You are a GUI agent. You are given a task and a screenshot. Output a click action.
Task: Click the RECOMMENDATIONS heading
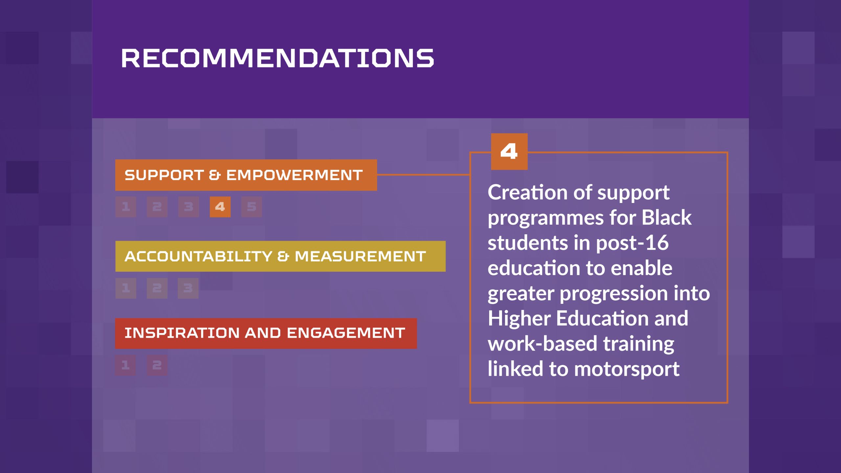pos(278,58)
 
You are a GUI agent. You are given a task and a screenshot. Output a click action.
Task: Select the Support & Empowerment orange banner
pos(246,175)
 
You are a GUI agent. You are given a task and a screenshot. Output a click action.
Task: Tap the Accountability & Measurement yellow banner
pos(280,256)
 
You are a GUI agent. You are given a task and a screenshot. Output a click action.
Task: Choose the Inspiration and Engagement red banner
pos(266,333)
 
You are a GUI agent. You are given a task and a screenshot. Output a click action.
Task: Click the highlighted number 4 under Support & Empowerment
pos(220,207)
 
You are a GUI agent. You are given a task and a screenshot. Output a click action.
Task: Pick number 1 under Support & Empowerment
pos(125,207)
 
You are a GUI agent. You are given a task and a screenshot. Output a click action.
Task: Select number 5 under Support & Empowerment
pos(252,207)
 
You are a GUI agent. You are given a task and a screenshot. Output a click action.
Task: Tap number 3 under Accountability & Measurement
pos(188,288)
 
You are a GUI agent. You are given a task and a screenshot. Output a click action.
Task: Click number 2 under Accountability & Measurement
pos(157,288)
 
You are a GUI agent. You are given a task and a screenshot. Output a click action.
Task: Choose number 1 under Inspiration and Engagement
pos(125,365)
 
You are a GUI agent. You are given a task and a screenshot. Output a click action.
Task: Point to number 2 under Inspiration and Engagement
pos(157,365)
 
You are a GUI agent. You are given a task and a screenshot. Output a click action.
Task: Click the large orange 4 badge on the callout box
pos(509,151)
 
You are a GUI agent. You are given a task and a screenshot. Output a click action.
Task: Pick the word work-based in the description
pos(542,344)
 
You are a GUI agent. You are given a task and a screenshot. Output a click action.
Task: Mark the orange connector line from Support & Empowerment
pos(423,175)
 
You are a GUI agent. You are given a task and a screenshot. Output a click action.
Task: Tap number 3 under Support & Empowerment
pos(189,207)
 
